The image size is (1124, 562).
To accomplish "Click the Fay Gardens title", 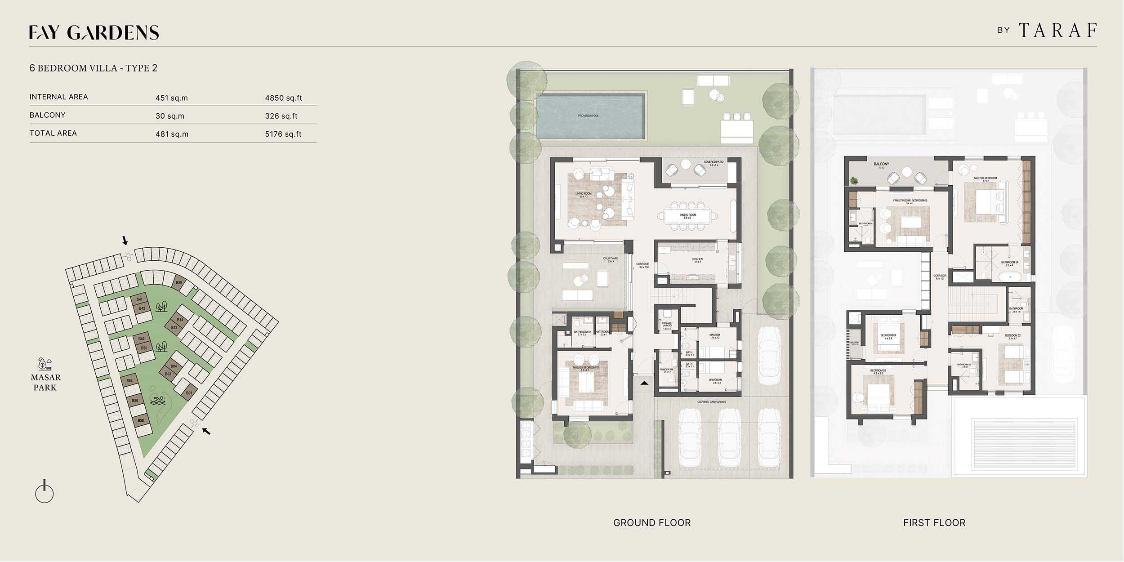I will pyautogui.click(x=94, y=32).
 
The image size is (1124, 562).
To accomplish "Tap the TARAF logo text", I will pyautogui.click(x=1057, y=31).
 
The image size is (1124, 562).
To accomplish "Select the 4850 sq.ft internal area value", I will pyautogui.click(x=283, y=98).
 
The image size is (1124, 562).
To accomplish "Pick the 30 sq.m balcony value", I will pyautogui.click(x=170, y=116).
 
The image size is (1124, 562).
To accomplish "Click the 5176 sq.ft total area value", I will pyautogui.click(x=283, y=134).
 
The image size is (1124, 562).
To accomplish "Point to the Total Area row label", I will pyautogui.click(x=53, y=133).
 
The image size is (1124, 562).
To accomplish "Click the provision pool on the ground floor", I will pyautogui.click(x=589, y=116).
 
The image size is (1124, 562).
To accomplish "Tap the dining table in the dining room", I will pyautogui.click(x=687, y=215).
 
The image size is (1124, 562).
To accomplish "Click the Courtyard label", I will pyautogui.click(x=610, y=259).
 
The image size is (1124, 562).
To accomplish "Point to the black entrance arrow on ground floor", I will pyautogui.click(x=644, y=383).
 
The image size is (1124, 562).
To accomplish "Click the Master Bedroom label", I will pyautogui.click(x=985, y=178).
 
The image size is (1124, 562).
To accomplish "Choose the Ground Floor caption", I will pyautogui.click(x=652, y=523).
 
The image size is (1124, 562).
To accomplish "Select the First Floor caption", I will pyautogui.click(x=934, y=523).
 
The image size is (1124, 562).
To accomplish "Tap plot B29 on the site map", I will pyautogui.click(x=179, y=282).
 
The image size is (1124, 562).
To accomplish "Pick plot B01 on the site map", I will pyautogui.click(x=189, y=393).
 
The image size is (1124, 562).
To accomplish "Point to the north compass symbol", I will pyautogui.click(x=44, y=493).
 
